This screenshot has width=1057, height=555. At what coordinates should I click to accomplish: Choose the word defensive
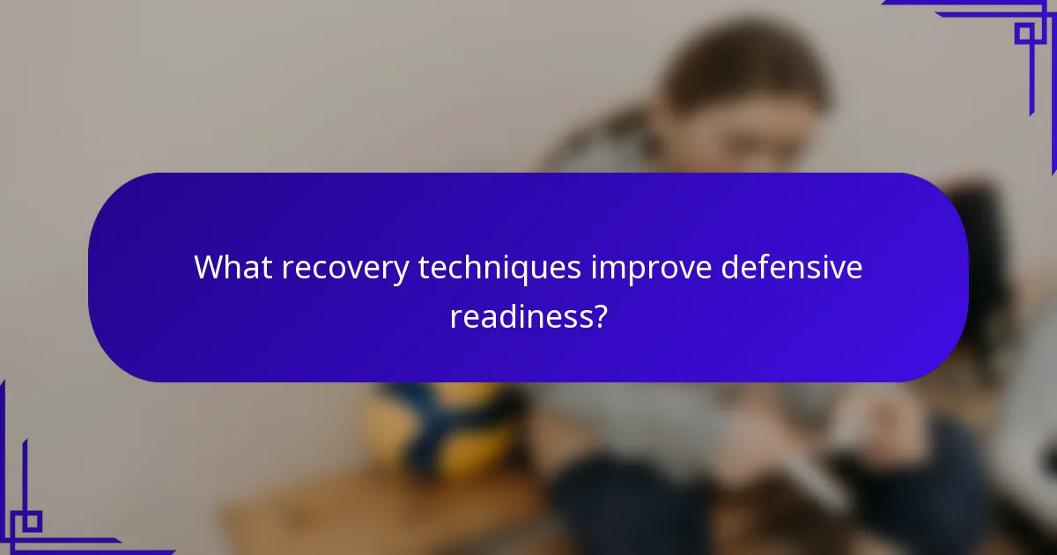(792, 267)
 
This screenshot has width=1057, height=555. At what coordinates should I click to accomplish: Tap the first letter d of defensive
(729, 267)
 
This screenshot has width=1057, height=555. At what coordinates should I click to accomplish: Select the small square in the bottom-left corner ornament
(32, 521)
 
